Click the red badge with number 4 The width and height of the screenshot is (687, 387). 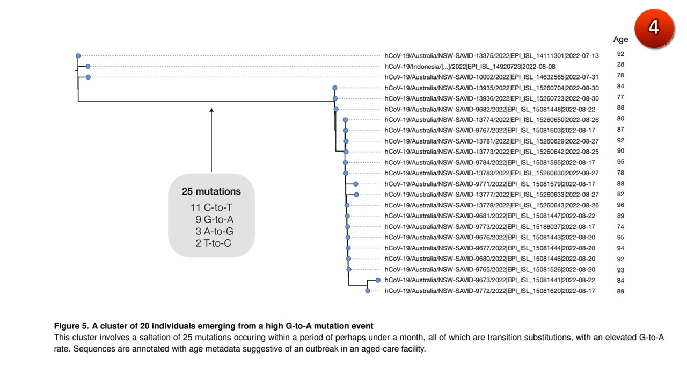(654, 27)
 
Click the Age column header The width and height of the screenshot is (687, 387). (620, 39)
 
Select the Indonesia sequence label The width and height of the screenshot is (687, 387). (462, 66)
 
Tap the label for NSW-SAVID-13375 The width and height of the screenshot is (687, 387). (492, 55)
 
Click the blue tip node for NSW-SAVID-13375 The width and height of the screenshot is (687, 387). (78, 55)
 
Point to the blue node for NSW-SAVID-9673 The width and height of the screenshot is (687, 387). (378, 280)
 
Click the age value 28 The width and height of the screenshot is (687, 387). (620, 64)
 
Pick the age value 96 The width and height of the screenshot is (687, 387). (620, 205)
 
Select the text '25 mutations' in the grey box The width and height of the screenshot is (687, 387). (211, 191)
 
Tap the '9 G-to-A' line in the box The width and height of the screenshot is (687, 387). (214, 220)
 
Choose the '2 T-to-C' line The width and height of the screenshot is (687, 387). (214, 243)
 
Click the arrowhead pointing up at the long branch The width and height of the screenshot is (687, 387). (211, 111)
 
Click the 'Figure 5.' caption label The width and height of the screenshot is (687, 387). (71, 326)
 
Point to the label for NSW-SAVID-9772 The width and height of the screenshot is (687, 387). (489, 291)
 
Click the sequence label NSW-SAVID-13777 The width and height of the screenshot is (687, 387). (492, 195)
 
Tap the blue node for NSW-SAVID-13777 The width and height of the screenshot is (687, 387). (356, 195)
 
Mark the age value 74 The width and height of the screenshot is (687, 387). (620, 226)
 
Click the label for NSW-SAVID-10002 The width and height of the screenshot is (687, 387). (492, 77)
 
